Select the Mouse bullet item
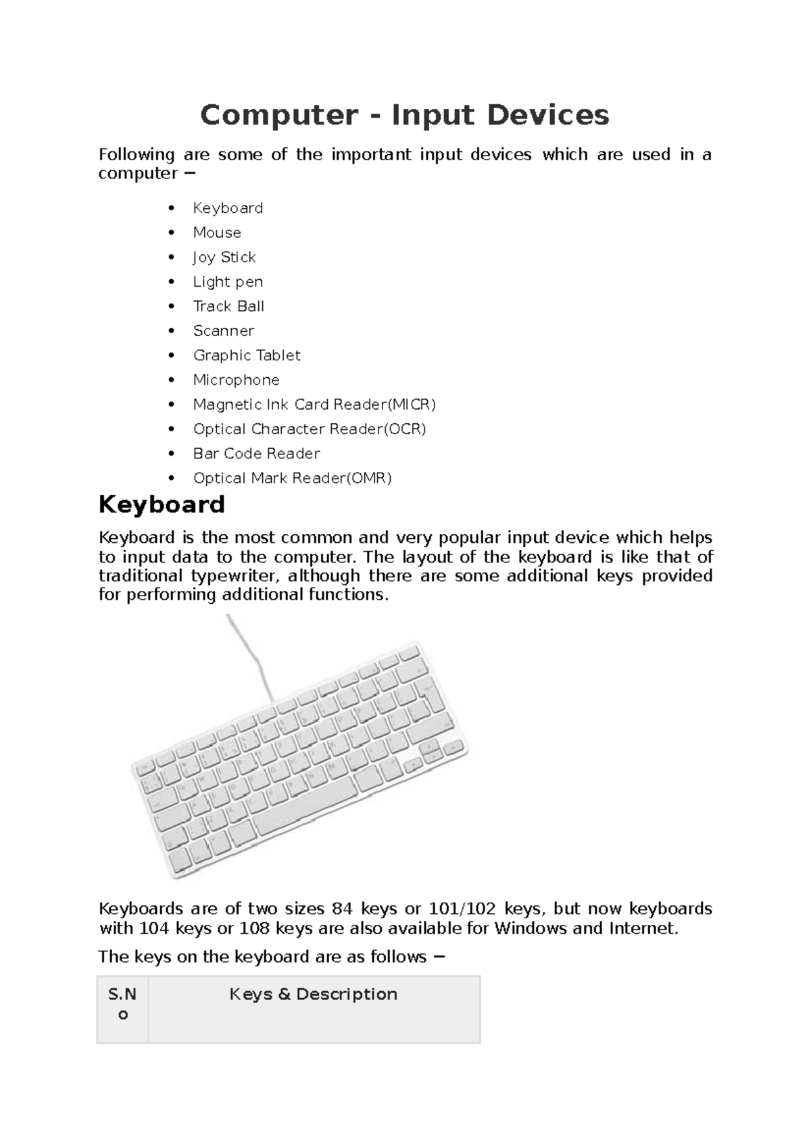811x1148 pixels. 217,233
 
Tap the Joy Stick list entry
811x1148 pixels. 224,257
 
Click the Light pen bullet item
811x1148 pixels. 228,282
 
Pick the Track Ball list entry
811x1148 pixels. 228,306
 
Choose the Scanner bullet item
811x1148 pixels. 224,331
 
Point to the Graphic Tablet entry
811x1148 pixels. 247,356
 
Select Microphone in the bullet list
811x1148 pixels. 236,380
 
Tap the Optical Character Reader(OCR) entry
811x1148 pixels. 310,429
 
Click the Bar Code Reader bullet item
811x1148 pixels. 256,454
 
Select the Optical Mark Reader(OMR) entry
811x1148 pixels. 292,478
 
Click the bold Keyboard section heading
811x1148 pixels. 162,505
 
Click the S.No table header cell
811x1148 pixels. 122,1004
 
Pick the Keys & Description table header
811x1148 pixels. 313,994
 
